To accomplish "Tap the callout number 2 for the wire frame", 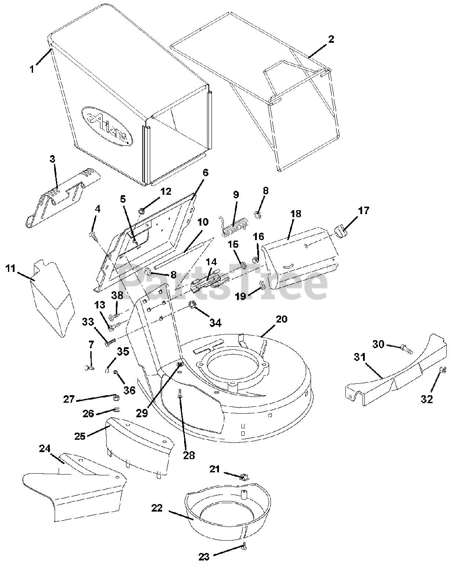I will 331,39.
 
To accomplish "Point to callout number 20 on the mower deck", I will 282,319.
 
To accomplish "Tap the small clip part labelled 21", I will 243,476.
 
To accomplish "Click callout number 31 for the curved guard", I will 360,357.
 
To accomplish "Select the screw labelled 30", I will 406,350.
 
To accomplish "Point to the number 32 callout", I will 426,399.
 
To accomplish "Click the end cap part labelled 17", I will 340,230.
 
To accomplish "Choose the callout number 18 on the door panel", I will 296,214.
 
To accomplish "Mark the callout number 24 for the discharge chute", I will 44,449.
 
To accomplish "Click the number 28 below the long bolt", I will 189,455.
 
